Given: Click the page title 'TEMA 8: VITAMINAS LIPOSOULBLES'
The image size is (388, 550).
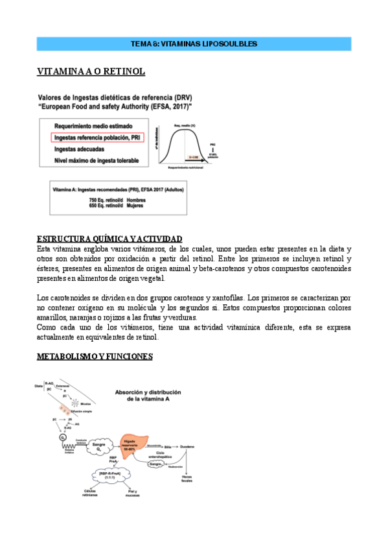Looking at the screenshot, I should [194, 44].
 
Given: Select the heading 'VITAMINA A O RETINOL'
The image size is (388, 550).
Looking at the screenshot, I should [91, 71].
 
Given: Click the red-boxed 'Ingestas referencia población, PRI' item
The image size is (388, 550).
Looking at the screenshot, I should [98, 138].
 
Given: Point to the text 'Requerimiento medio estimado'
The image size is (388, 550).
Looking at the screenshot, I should [93, 126].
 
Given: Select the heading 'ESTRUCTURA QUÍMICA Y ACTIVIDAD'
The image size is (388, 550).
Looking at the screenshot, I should [109, 239].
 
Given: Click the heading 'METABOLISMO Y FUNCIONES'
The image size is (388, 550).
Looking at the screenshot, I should [95, 357].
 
